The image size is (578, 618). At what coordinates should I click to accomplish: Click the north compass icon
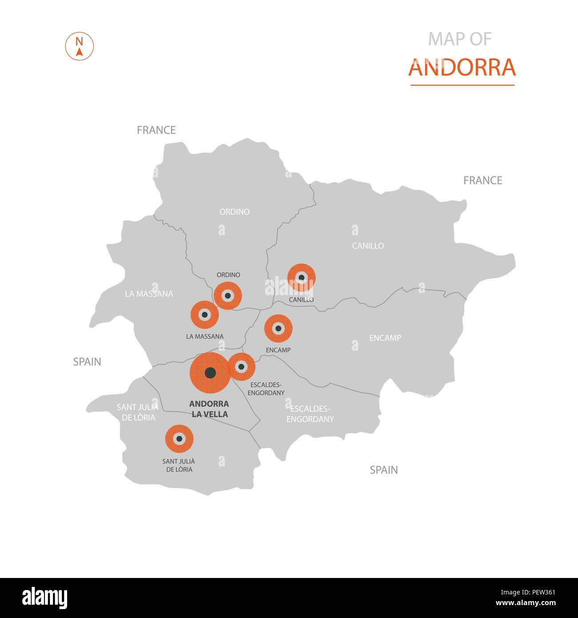click(x=80, y=46)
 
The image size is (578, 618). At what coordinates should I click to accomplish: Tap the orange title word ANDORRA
click(x=462, y=68)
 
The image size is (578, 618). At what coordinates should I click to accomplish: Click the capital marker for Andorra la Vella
click(x=210, y=373)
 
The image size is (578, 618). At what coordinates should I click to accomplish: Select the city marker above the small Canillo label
click(x=301, y=278)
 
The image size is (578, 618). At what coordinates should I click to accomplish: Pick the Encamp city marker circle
click(x=278, y=329)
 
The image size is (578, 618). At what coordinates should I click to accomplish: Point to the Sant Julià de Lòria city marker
click(x=179, y=439)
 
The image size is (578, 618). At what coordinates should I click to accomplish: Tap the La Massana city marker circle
click(x=205, y=314)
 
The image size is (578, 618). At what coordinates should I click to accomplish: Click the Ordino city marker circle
click(x=228, y=295)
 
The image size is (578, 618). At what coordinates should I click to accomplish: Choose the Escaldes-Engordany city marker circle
click(x=241, y=367)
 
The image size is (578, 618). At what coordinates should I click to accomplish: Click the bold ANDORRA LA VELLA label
click(x=209, y=409)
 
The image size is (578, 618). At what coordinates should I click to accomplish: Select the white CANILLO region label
click(x=368, y=246)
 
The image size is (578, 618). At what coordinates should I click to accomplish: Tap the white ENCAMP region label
click(x=385, y=338)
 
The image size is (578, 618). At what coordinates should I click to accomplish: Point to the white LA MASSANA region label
click(x=149, y=294)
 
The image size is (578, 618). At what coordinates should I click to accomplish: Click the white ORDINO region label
click(x=234, y=212)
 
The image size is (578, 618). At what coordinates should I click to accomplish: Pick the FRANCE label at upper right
click(x=482, y=181)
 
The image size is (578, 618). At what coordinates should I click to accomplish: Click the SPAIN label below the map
click(x=384, y=470)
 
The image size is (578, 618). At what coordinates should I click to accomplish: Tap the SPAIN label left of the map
click(x=87, y=362)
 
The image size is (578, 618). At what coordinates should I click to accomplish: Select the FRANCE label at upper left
click(x=156, y=130)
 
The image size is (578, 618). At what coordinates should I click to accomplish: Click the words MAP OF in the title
click(x=460, y=40)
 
